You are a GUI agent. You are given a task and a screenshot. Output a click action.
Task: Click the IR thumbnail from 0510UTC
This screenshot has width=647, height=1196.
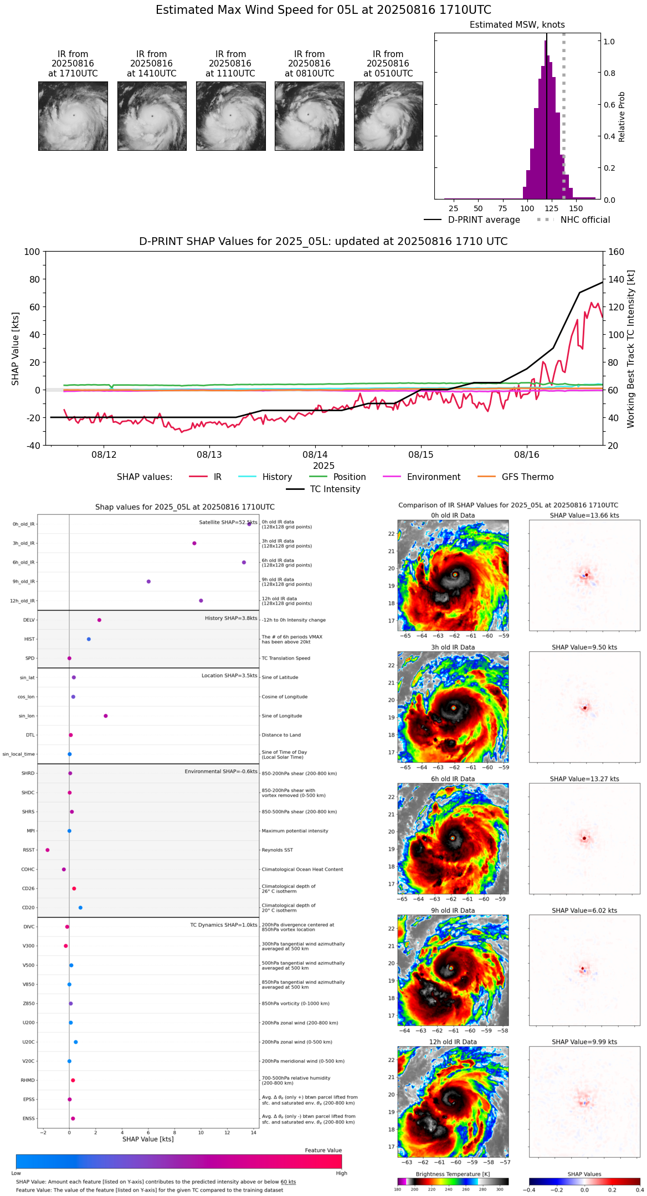tap(388, 116)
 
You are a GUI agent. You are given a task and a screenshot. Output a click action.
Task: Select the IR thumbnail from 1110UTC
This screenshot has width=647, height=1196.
tap(230, 116)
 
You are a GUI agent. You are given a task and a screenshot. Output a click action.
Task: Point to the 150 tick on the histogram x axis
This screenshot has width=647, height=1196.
tap(576, 209)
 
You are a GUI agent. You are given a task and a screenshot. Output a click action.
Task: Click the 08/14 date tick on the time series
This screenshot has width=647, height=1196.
tap(315, 455)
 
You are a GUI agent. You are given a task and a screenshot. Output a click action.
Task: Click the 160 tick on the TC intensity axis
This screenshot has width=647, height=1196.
tap(616, 252)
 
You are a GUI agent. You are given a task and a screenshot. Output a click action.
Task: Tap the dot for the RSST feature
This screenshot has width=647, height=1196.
tap(48, 850)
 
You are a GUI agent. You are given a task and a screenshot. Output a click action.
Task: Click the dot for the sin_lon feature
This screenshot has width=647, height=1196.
tap(106, 716)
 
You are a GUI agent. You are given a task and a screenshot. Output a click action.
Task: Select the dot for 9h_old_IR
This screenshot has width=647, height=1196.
tap(148, 581)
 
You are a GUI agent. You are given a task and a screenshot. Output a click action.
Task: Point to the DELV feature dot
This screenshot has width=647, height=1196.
tap(99, 620)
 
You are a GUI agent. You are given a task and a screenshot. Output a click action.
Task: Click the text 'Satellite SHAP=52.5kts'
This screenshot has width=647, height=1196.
tap(228, 523)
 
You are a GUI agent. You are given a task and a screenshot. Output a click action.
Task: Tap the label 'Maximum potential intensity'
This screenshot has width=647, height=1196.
tap(295, 831)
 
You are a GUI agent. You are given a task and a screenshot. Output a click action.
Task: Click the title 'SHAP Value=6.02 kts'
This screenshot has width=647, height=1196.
tap(584, 911)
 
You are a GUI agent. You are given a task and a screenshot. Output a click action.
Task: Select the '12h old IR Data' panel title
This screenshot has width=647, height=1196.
tap(453, 1042)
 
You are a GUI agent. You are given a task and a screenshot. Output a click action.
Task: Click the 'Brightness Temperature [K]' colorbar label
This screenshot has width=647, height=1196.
tap(453, 1174)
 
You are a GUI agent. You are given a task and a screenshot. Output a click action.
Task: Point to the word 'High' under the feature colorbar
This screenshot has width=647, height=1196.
tap(341, 1173)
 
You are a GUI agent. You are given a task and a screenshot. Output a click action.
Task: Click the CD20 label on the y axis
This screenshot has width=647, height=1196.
tap(28, 908)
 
